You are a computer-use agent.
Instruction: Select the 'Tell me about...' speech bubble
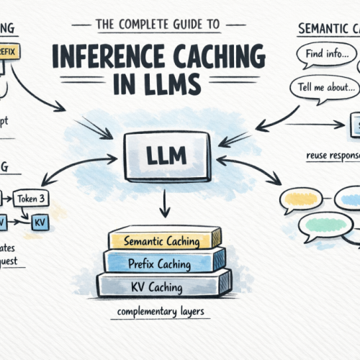pyautogui.click(x=324, y=89)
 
